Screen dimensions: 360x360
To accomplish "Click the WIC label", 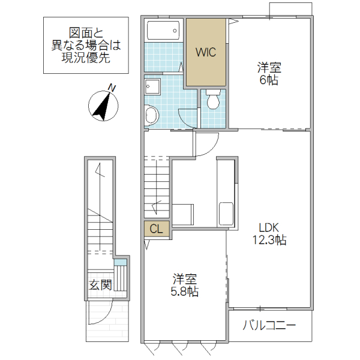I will (206, 52).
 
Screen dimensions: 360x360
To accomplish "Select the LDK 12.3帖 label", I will (268, 234).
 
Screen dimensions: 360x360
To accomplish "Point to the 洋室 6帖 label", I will (269, 73).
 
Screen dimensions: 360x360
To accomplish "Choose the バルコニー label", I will (269, 326).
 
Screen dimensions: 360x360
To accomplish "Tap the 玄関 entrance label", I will (100, 284).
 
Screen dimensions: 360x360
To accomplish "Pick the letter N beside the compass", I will (112, 88).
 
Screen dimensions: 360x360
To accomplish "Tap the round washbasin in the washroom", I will (151, 113).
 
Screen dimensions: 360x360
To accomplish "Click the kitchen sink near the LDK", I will (226, 214).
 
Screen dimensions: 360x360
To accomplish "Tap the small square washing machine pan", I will (152, 86).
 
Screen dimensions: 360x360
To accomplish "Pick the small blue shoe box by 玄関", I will (121, 262).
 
